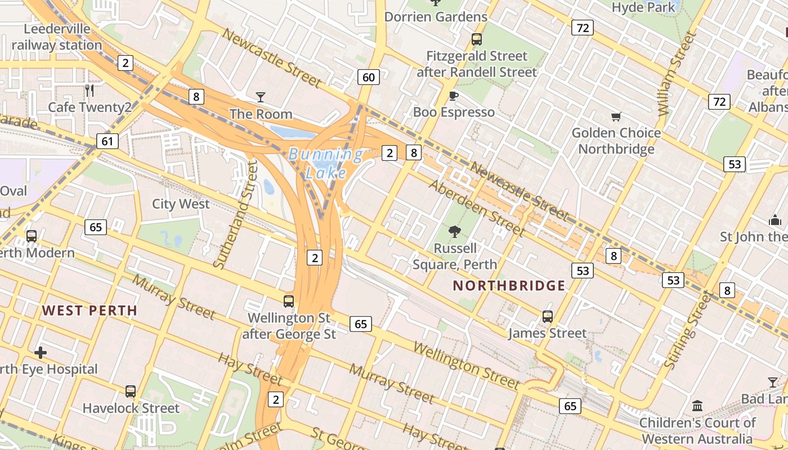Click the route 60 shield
(x=368, y=77)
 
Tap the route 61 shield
(x=107, y=141)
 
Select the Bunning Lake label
(x=326, y=163)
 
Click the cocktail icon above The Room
(x=261, y=97)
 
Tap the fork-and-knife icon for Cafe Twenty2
(x=89, y=90)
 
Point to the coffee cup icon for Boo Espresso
(x=454, y=96)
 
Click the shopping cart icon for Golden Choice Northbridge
(x=616, y=116)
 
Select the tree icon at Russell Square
(x=454, y=231)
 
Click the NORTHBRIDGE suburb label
(x=509, y=286)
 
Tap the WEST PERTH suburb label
(x=89, y=310)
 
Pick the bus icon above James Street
(x=548, y=317)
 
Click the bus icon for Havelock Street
(x=131, y=391)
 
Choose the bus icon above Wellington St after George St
(x=289, y=301)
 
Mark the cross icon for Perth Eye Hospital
(x=41, y=353)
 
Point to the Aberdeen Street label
(x=477, y=208)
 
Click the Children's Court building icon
(x=697, y=406)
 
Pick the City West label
(x=181, y=204)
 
